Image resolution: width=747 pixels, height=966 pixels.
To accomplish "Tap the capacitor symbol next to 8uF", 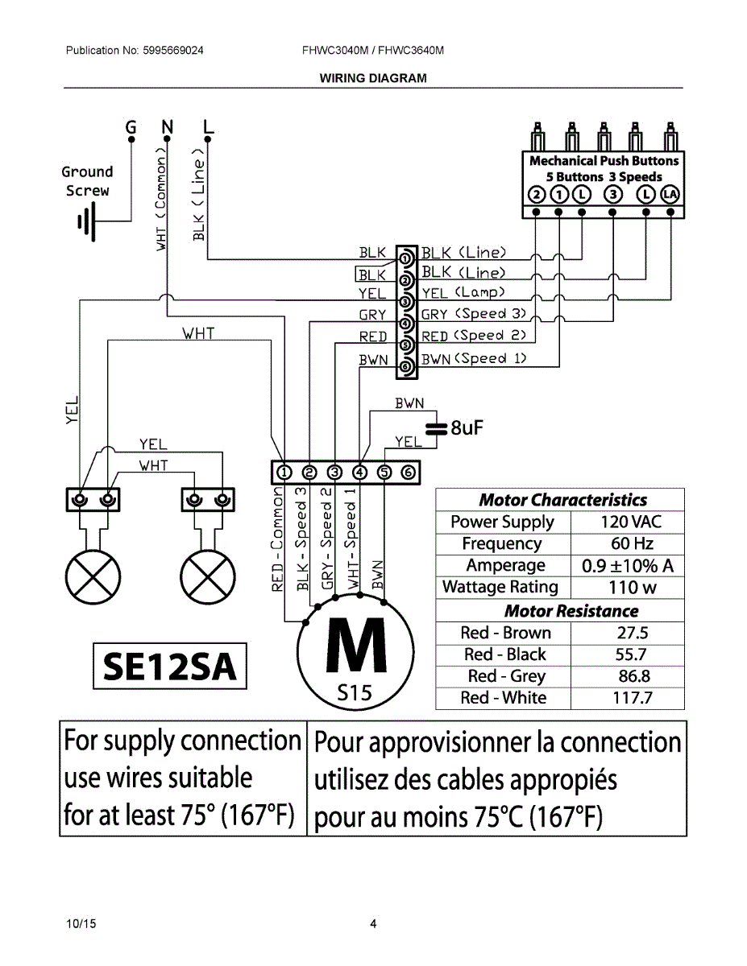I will tap(435, 427).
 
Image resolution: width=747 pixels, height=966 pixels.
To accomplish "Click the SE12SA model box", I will tap(169, 666).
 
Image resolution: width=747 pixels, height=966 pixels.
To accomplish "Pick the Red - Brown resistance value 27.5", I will tap(632, 634).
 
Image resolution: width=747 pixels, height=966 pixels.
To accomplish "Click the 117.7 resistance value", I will tap(632, 698).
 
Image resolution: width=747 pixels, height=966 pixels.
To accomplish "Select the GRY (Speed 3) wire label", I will tap(474, 315).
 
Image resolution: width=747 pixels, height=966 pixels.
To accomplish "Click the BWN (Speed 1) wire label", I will tap(474, 359).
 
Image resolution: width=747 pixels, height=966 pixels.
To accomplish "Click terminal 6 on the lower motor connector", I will tap(408, 473).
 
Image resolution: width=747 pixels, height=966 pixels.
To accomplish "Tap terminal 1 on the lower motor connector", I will tap(284, 473).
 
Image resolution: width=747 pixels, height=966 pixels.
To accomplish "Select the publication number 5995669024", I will tap(173, 51).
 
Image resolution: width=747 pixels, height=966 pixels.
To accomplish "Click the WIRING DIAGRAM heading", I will tap(373, 78).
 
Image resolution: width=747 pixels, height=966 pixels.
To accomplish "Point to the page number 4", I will tap(373, 924).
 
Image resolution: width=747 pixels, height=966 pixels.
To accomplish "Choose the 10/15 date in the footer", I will tap(81, 924).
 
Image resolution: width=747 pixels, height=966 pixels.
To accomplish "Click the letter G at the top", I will tap(131, 127).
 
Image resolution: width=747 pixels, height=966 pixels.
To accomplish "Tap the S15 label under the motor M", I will tap(355, 692).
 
